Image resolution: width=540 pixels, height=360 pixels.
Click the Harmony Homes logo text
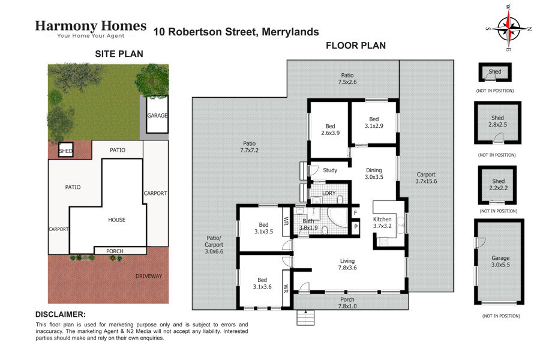(x=91, y=26)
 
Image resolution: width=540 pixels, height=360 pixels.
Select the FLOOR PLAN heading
(x=356, y=46)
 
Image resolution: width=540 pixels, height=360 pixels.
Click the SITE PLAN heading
(x=119, y=54)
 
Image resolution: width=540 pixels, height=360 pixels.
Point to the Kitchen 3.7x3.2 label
(x=382, y=223)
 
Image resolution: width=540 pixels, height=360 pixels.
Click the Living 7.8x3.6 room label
(x=347, y=264)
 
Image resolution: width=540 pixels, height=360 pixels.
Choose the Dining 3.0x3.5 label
(x=374, y=173)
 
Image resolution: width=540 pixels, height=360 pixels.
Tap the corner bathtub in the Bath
(x=337, y=217)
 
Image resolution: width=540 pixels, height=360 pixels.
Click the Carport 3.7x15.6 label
(x=426, y=178)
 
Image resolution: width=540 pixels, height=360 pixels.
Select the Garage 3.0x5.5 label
(x=500, y=261)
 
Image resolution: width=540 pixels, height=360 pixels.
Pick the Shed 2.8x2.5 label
(x=497, y=121)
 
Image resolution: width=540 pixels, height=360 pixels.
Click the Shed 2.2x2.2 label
(x=499, y=185)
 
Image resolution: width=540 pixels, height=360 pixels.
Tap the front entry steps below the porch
(x=305, y=317)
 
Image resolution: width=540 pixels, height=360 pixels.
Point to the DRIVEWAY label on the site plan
(x=148, y=276)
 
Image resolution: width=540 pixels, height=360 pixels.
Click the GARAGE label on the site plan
(x=157, y=116)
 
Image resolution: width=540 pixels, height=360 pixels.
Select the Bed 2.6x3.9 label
(x=330, y=130)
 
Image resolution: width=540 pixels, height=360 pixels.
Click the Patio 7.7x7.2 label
(x=250, y=147)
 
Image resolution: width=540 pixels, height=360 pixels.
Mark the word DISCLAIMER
(x=60, y=314)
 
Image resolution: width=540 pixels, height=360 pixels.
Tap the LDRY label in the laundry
(x=329, y=193)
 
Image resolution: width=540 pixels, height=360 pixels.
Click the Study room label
(x=330, y=170)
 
